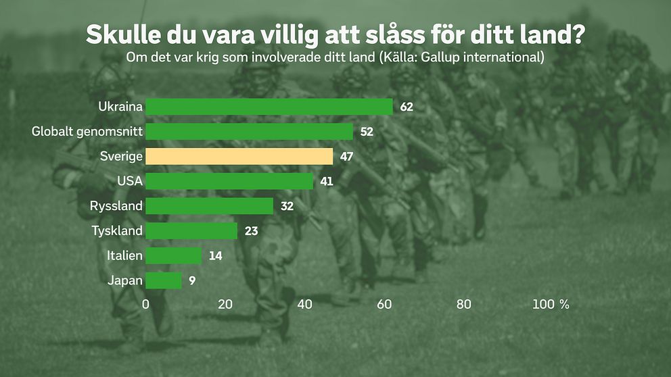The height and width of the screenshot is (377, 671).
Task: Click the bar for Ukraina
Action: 269,107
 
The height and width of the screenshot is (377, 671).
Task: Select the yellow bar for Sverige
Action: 239,157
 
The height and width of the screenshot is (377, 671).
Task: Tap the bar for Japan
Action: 164,280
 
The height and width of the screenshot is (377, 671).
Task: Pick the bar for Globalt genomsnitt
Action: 250,132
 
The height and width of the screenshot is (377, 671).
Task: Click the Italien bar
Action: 174,255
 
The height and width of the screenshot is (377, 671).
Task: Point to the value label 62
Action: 406,107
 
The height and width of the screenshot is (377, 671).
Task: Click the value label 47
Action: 346,157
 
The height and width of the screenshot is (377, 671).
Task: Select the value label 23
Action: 251,231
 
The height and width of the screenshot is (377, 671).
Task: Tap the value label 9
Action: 192,280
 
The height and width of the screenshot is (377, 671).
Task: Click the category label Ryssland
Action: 116,206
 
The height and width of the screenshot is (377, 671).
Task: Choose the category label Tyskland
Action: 117,231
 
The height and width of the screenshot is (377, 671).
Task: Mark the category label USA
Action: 129,181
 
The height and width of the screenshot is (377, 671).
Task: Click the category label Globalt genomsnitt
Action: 87,132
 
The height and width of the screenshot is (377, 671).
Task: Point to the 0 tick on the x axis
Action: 146,305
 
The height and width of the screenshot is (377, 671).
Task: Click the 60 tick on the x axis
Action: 384,305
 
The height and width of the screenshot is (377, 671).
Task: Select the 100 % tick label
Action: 551,305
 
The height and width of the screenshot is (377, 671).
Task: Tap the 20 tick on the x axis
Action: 225,305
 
